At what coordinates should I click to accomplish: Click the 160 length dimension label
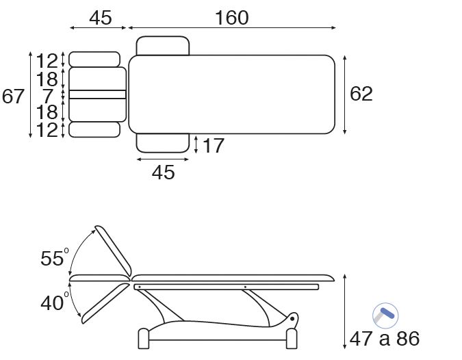pos(232,18)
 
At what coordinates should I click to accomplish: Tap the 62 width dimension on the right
pos(361,94)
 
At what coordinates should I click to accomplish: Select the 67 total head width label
pos(13,97)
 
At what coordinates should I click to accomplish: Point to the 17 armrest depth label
pos(214,146)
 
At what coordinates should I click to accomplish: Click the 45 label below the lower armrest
pos(163,172)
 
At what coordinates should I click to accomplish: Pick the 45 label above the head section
pos(101,18)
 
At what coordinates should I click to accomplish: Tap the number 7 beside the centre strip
pos(48,96)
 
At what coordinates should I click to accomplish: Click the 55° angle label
pos(55,258)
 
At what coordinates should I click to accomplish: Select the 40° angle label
pos(55,303)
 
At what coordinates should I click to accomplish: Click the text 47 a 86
pos(385,339)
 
